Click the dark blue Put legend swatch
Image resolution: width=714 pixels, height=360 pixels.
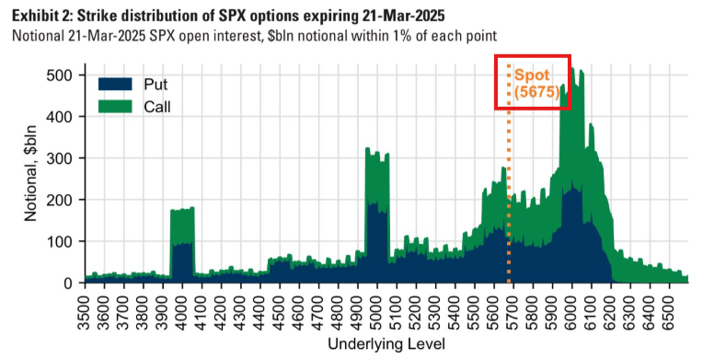click(x=115, y=85)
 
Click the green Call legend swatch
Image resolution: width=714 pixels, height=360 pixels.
click(x=115, y=107)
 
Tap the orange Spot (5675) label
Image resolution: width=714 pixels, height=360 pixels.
click(x=536, y=84)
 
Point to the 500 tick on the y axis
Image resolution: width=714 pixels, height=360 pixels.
click(x=60, y=75)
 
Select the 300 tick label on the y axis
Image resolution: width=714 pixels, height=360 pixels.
click(x=60, y=158)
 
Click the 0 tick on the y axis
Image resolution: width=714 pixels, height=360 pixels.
click(x=68, y=283)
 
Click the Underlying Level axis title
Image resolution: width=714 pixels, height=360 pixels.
click(x=386, y=344)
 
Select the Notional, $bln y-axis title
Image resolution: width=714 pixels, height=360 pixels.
click(x=31, y=173)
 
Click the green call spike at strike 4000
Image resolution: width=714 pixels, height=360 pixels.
click(x=182, y=226)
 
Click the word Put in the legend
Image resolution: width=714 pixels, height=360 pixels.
click(x=155, y=85)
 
